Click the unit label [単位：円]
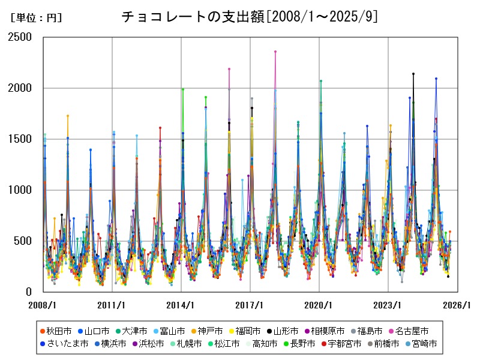pyautogui.click(x=36, y=18)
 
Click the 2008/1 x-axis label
pyautogui.click(x=43, y=305)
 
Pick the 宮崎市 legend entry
pyautogui.click(x=419, y=344)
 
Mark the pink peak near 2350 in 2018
pyautogui.click(x=275, y=52)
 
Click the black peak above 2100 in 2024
pyautogui.click(x=413, y=74)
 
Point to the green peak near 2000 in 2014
pyautogui.click(x=183, y=89)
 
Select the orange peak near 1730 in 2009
pyautogui.click(x=68, y=116)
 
